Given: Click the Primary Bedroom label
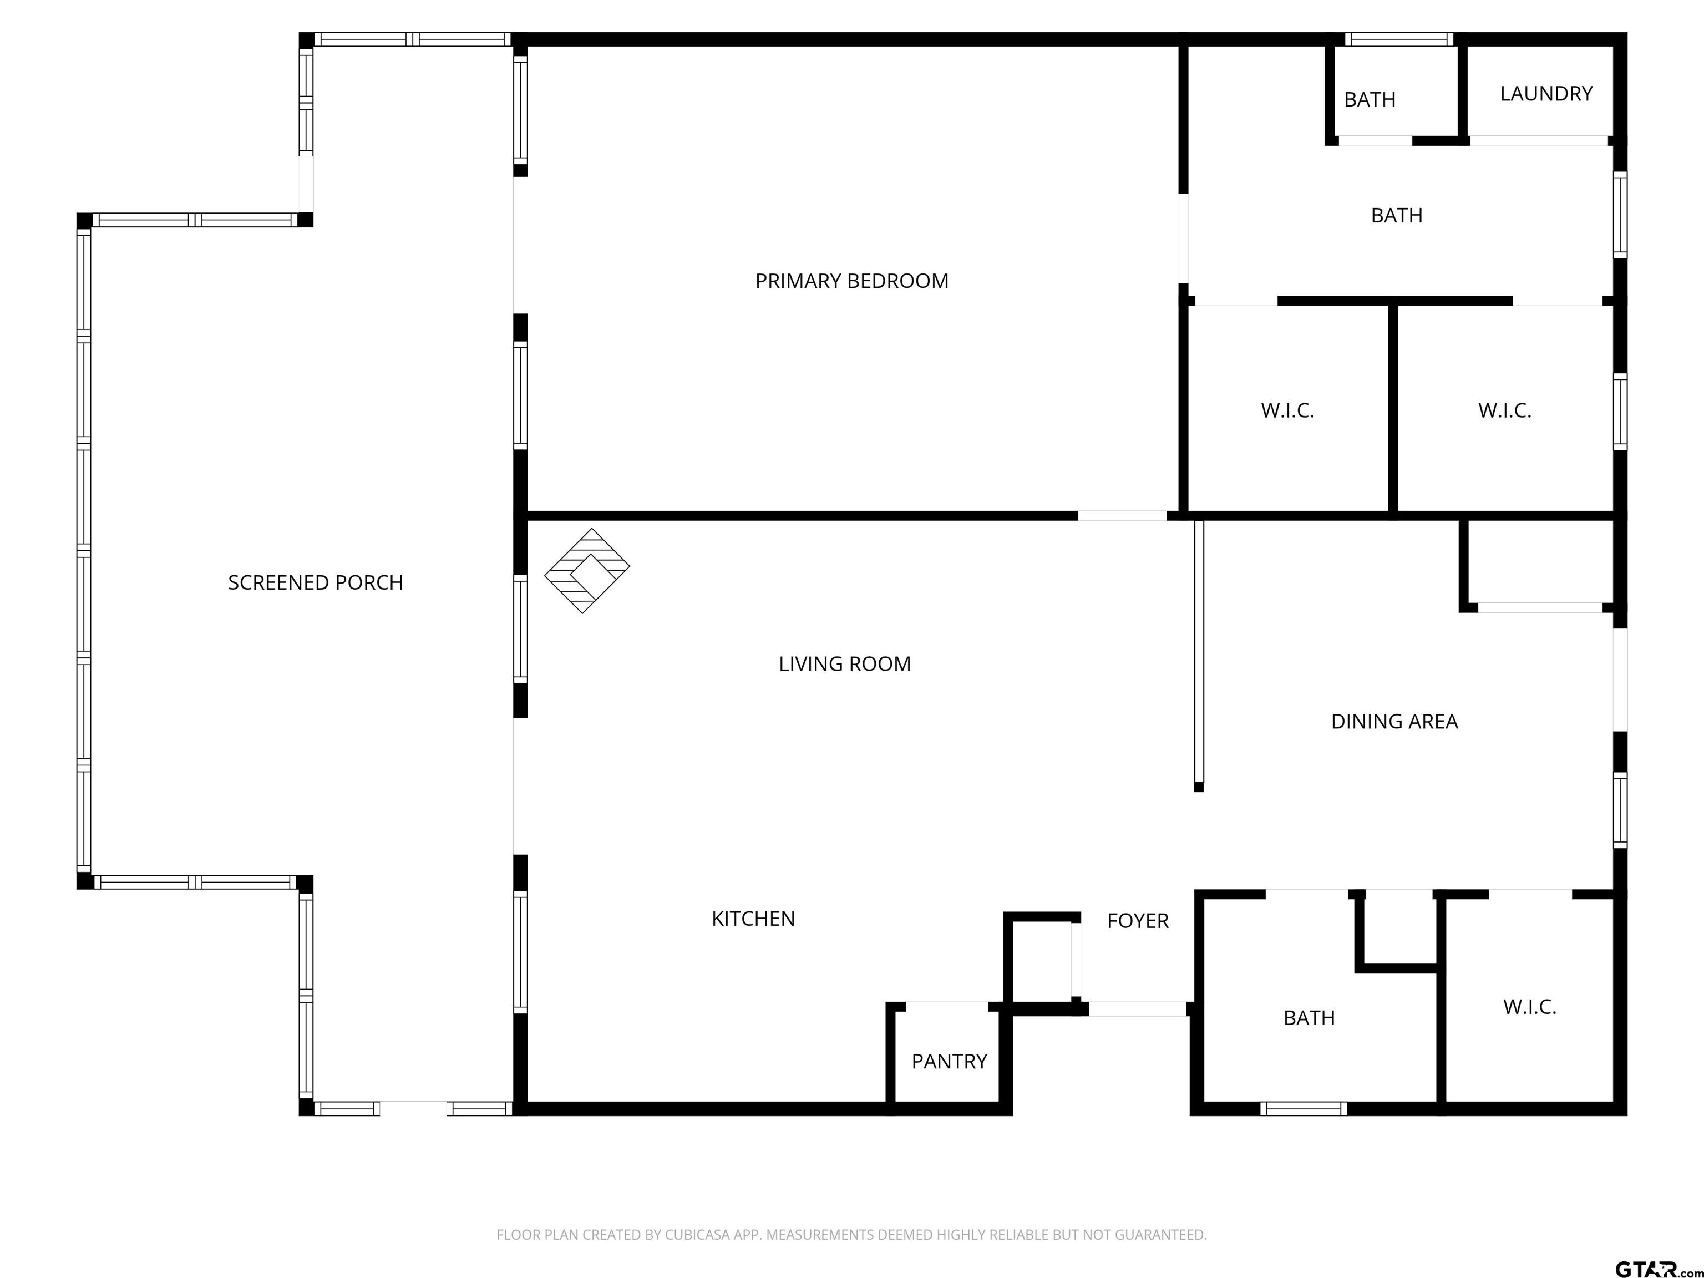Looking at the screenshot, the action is (851, 281).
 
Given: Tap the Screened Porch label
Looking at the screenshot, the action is (316, 582).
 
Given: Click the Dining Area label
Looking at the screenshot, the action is (1394, 722).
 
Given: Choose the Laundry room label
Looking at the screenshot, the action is (1546, 94).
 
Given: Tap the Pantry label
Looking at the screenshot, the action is (949, 1062).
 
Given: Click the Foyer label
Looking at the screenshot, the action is (1138, 921).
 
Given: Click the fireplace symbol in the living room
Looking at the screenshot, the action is (587, 571).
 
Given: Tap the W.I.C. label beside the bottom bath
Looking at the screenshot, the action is (1530, 1007).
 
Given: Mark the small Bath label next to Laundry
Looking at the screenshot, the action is (1370, 99).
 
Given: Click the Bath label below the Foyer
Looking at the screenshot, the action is (1309, 1018).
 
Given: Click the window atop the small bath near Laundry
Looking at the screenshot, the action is (1399, 39).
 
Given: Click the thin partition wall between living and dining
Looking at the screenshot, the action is (1199, 655).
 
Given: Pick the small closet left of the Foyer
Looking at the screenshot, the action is (1041, 961).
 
